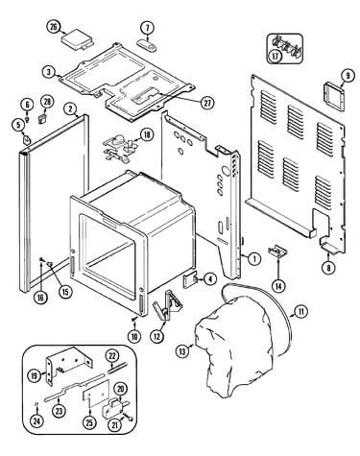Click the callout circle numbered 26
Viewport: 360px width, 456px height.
(x=54, y=27)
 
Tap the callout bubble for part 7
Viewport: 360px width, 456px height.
(x=147, y=28)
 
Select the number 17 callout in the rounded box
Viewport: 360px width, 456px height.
(x=276, y=56)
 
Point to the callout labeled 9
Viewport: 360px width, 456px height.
(x=348, y=76)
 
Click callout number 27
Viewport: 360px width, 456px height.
(x=207, y=103)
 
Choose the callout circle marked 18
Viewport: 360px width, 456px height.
(x=147, y=134)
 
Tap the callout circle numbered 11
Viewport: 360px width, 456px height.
(x=300, y=311)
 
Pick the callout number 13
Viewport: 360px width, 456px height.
(x=182, y=351)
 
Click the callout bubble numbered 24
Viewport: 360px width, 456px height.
(x=37, y=420)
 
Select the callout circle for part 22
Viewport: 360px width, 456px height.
(x=112, y=356)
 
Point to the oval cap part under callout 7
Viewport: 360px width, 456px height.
(x=147, y=45)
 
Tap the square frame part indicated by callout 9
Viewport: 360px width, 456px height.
(x=334, y=96)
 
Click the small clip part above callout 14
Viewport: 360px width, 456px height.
(x=277, y=251)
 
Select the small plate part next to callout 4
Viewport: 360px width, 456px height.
(x=190, y=279)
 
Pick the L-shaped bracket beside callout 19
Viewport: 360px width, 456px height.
(x=69, y=365)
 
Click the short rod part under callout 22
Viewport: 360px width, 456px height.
(x=117, y=368)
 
